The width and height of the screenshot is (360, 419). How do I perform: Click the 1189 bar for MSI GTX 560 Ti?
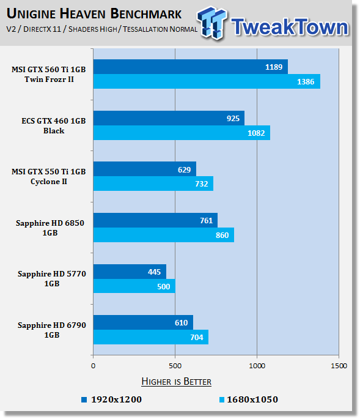pos(191,67)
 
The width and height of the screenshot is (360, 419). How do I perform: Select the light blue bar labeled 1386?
pos(207,81)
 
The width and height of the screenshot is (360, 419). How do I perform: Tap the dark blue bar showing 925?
pos(169,118)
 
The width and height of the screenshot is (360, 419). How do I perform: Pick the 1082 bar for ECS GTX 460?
pos(182,133)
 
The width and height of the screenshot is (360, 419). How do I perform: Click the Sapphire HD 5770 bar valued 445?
pos(130,272)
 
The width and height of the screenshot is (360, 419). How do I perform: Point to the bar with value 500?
pos(134,286)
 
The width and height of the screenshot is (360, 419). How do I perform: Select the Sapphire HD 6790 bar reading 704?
pos(151,337)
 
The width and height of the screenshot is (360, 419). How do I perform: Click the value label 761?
pos(207,220)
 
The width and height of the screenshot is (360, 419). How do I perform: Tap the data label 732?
pos(201,184)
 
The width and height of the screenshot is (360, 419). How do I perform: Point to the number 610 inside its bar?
pos(181,322)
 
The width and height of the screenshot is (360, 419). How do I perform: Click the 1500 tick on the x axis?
pos(339,366)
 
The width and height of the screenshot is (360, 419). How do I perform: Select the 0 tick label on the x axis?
pos(93,366)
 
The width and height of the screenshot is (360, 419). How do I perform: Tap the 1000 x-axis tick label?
pos(257,366)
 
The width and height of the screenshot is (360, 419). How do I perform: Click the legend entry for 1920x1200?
pos(112,399)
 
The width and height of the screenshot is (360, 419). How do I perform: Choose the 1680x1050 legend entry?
pos(249,399)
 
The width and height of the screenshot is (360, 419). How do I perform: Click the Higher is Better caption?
pos(176,381)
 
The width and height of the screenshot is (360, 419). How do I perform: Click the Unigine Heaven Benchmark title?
pos(94,13)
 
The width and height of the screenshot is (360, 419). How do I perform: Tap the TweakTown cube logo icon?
pos(212,23)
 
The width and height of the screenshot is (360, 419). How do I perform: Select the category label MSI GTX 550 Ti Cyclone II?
pos(49,176)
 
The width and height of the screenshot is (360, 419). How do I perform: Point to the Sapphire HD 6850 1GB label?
pos(50,228)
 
